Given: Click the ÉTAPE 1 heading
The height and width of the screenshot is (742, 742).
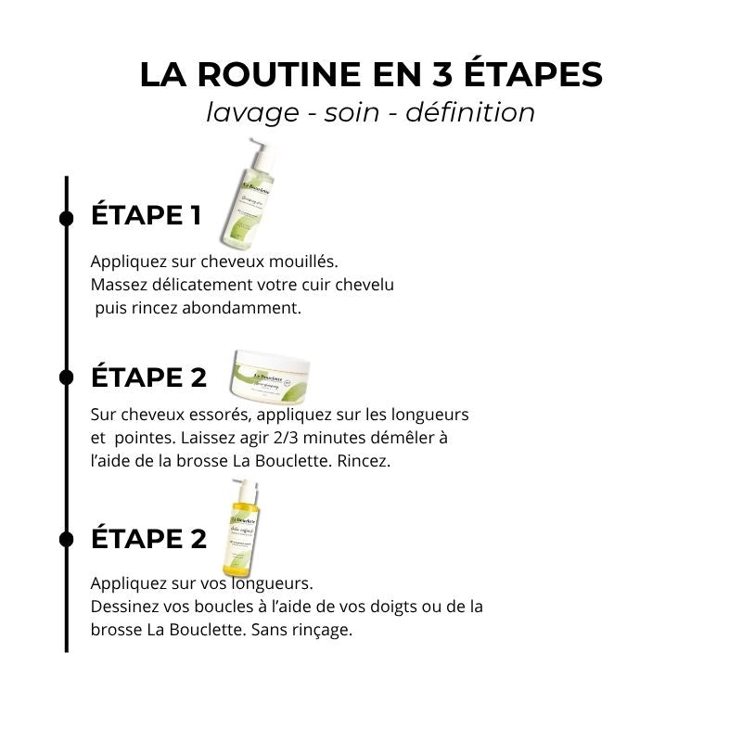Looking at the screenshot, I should click(146, 216).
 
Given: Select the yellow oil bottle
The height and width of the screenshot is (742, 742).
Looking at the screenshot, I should click(238, 533).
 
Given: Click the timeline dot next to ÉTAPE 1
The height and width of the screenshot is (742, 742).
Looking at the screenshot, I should click(67, 218).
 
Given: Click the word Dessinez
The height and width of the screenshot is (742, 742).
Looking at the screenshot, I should click(125, 607).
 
